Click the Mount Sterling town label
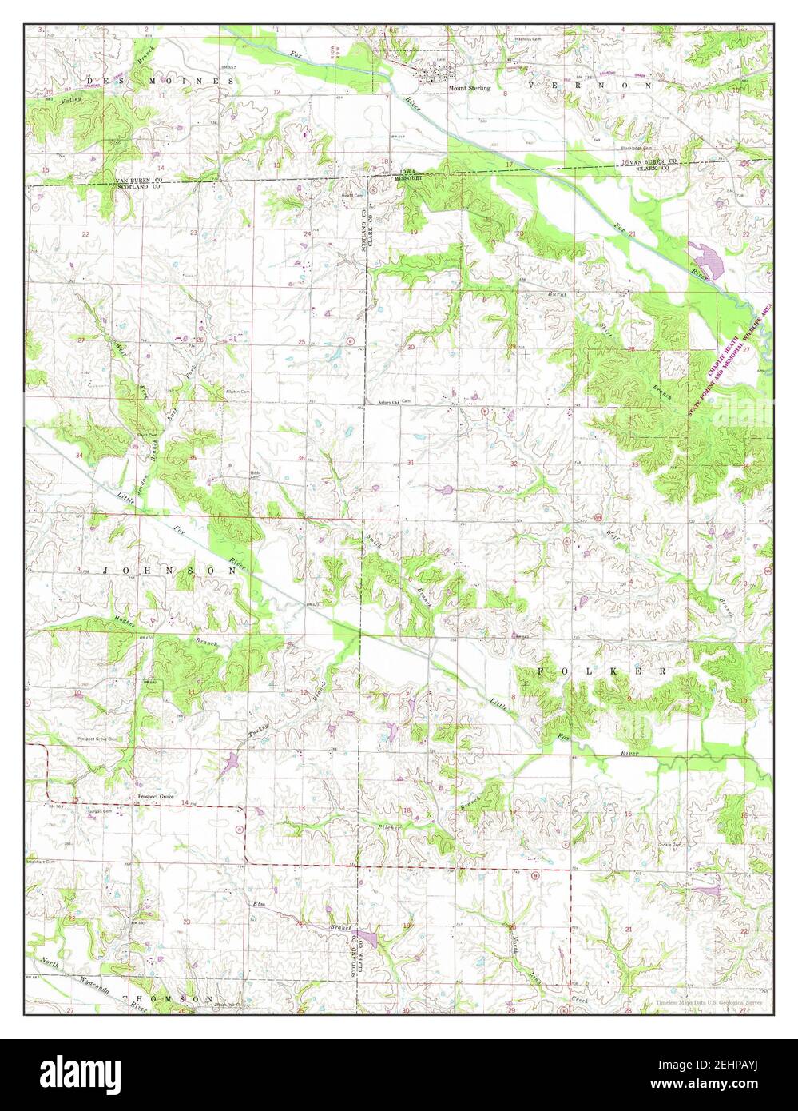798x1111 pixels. [469, 89]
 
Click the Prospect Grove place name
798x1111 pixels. [156, 797]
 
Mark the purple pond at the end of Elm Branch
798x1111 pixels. [368, 937]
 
